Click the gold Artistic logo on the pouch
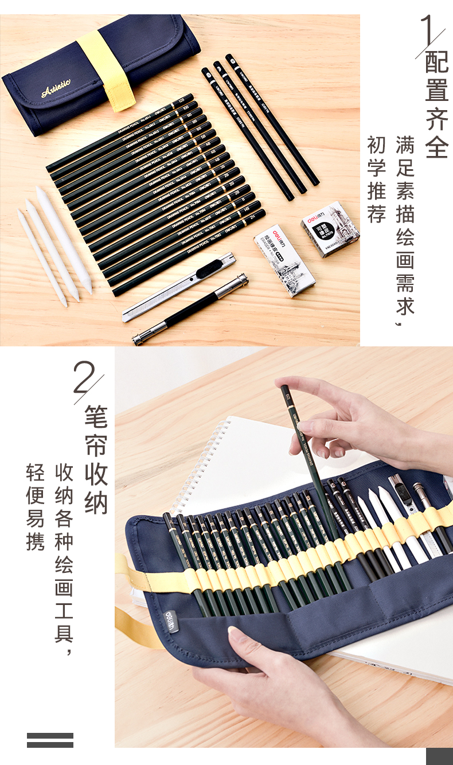56,88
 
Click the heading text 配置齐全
436,106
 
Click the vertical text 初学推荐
376,179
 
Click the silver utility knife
179,287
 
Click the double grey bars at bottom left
50,740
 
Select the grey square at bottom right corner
439,756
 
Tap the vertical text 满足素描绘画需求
405,229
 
